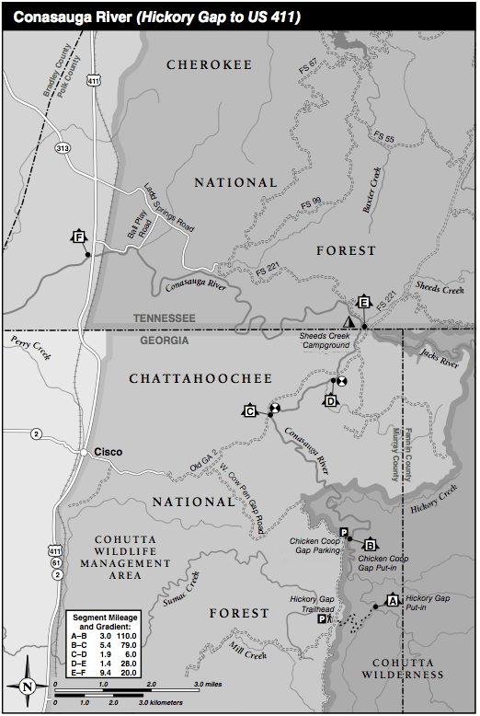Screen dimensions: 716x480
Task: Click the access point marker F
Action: coord(79,237)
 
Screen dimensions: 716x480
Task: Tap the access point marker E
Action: coord(363,303)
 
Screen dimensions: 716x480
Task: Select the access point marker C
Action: coord(249,410)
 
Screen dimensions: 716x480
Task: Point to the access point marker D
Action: coord(331,400)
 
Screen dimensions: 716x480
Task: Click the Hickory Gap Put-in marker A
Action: coord(393,600)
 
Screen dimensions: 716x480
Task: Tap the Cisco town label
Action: coord(108,452)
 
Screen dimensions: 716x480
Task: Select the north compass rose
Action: coord(27,686)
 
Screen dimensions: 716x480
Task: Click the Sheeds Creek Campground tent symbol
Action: coord(348,321)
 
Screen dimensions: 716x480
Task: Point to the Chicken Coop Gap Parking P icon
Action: coord(344,534)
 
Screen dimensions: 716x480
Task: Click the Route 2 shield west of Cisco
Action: coord(35,433)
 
